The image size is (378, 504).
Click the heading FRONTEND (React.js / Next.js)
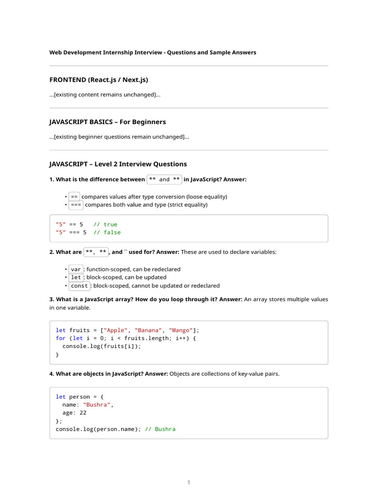tap(98, 80)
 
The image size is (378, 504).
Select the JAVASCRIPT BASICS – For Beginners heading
tap(107, 122)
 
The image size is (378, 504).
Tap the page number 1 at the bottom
tap(189, 482)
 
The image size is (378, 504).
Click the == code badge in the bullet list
tap(74, 197)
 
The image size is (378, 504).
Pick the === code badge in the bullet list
tap(76, 205)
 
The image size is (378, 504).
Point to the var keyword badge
tap(76, 270)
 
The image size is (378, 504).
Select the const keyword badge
tap(79, 285)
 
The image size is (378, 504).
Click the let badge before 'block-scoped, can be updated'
tap(76, 278)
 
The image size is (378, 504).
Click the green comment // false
tap(107, 232)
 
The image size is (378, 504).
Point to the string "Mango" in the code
tap(181, 330)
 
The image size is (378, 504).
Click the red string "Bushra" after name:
tap(97, 405)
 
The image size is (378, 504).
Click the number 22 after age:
tap(83, 413)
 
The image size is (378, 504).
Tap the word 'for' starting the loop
tap(61, 338)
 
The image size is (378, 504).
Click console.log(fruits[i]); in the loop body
tap(101, 346)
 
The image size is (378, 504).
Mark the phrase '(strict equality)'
tap(188, 205)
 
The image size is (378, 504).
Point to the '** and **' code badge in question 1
tap(164, 180)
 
